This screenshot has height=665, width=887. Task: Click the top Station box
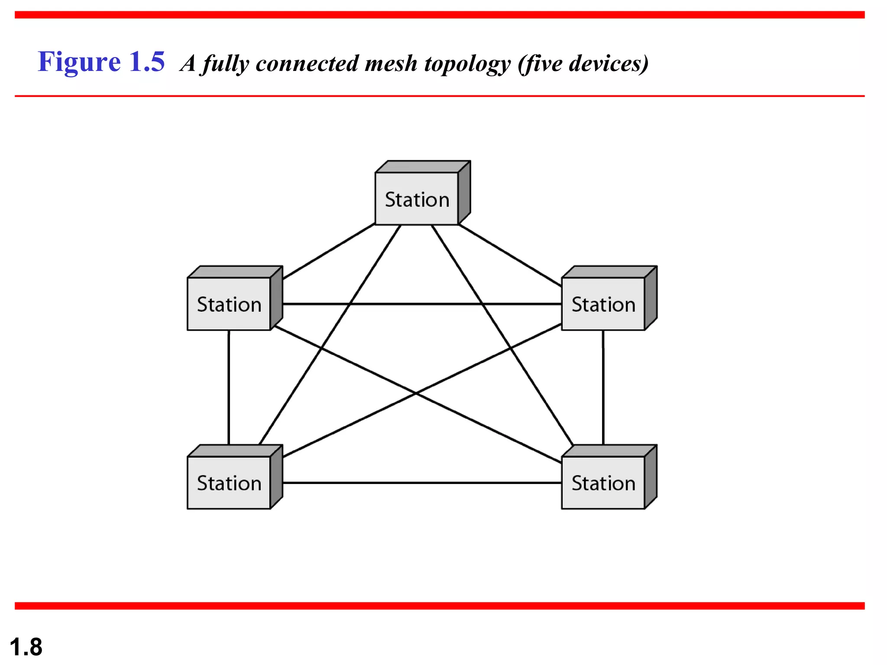pyautogui.click(x=417, y=199)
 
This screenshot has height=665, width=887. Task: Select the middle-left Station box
pyautogui.click(x=229, y=304)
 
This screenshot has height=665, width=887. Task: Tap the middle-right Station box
pyautogui.click(x=603, y=304)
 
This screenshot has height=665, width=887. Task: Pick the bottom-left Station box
pyautogui.click(x=229, y=482)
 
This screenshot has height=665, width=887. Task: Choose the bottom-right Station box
pyautogui.click(x=603, y=482)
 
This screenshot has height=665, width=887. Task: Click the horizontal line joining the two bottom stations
pyautogui.click(x=422, y=482)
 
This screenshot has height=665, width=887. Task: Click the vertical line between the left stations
pyautogui.click(x=229, y=387)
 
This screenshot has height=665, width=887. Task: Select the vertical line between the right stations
pyautogui.click(x=603, y=387)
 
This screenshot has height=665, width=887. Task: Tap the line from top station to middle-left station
pyautogui.click(x=328, y=251)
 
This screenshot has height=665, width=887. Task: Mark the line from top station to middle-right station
pyautogui.click(x=510, y=255)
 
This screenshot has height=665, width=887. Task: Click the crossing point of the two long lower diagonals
pyautogui.click(x=416, y=393)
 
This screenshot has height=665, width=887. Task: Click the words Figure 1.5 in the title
pyautogui.click(x=101, y=61)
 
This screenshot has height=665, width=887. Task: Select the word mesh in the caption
pyautogui.click(x=391, y=64)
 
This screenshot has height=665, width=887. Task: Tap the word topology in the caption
pyautogui.click(x=467, y=64)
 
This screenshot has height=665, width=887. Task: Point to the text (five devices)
pyautogui.click(x=583, y=64)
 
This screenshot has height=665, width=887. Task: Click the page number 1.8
pyautogui.click(x=26, y=647)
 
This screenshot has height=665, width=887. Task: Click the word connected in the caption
pyautogui.click(x=307, y=64)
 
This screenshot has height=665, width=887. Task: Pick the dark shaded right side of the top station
pyautogui.click(x=464, y=192)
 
